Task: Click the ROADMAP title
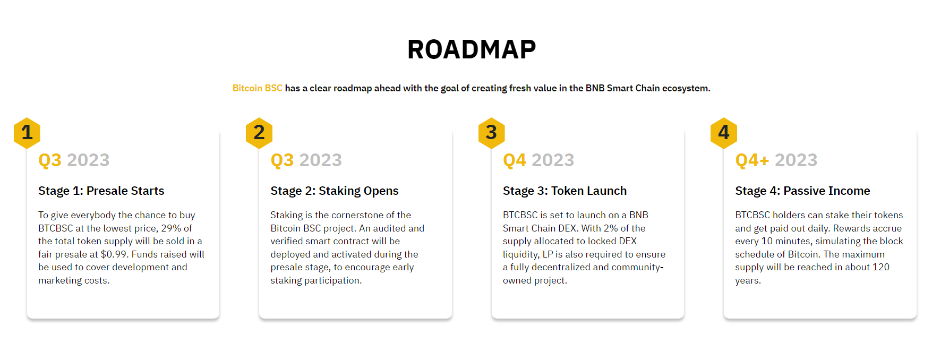(472, 49)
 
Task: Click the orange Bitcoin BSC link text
(258, 88)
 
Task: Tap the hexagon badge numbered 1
(27, 133)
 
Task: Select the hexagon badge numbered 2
(259, 133)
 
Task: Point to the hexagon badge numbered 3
(491, 133)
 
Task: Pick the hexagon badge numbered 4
(724, 133)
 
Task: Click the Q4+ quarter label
(752, 160)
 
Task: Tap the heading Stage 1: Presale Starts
(101, 191)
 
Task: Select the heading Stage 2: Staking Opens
(335, 191)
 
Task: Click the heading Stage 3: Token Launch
(565, 191)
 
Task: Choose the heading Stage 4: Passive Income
(802, 191)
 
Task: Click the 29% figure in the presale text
(172, 228)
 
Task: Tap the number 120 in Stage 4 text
(881, 267)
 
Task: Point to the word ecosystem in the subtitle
(686, 88)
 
